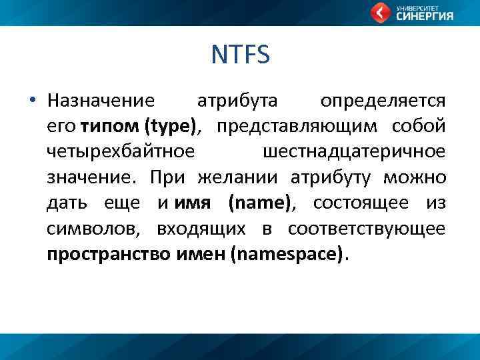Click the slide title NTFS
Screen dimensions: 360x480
point(240,55)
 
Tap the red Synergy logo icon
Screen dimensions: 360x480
point(381,13)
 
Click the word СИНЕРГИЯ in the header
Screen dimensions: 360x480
point(425,17)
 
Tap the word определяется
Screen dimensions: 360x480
point(383,101)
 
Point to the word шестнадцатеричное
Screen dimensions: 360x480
point(354,152)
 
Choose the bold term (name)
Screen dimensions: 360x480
point(259,203)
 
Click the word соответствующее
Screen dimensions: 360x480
point(367,229)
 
